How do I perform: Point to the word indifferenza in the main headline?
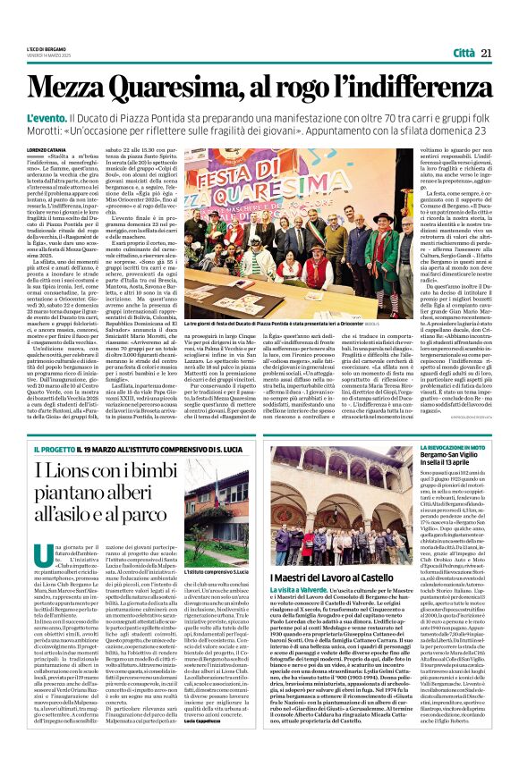[413, 87]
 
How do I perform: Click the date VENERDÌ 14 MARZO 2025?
[51, 55]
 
